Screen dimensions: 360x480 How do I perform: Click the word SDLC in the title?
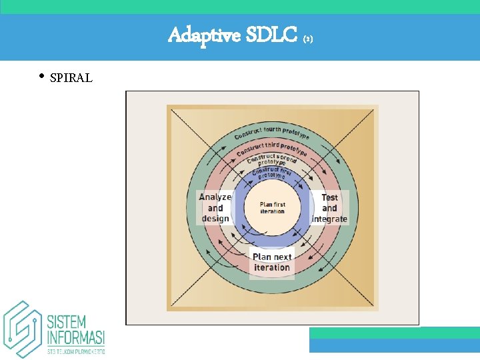coord(271,35)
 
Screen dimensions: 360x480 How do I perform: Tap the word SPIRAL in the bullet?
coord(71,79)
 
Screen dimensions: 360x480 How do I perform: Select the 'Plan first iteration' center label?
coord(272,207)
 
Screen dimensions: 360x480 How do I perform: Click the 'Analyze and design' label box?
coord(215,207)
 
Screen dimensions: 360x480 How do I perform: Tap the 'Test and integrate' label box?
coord(330,207)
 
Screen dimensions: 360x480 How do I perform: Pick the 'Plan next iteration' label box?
coord(272,262)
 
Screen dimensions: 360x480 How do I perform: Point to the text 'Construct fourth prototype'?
coord(271,131)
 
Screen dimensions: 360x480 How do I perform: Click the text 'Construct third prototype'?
coord(271,148)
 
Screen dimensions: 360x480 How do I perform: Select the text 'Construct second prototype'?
coord(271,160)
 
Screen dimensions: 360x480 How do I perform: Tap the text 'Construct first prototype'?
coord(271,173)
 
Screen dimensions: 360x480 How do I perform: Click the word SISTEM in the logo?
coord(65,321)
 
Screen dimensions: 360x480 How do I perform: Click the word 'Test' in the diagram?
coord(330,197)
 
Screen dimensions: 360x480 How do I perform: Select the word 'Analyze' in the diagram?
coord(215,197)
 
